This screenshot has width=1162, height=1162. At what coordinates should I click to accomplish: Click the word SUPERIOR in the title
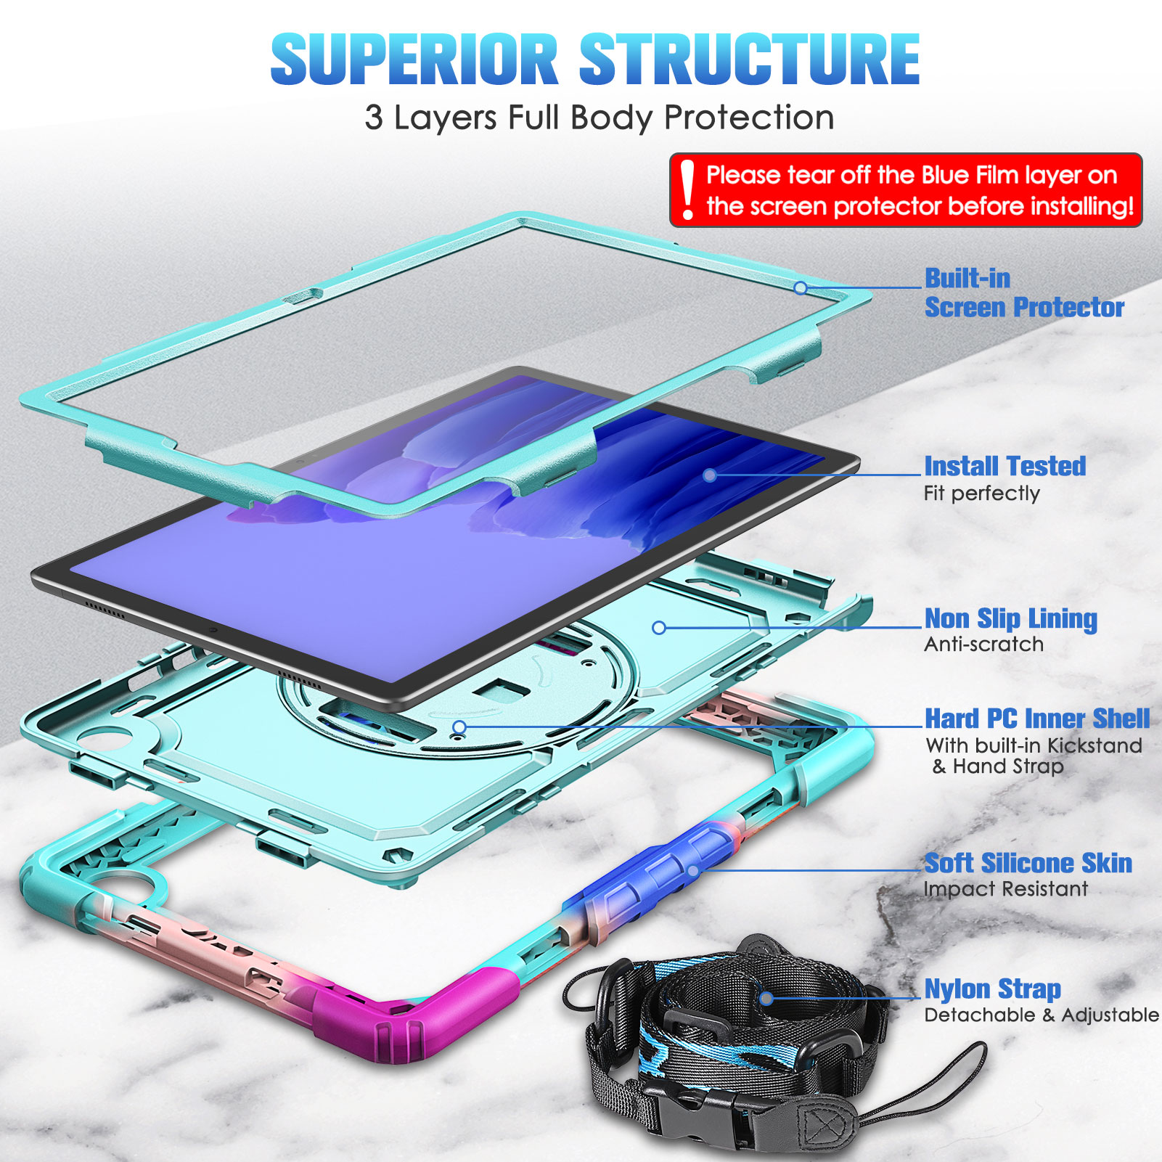tap(414, 59)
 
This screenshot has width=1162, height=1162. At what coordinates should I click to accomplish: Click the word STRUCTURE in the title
tap(750, 59)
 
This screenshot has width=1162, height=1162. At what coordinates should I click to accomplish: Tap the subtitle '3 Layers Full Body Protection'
tap(600, 118)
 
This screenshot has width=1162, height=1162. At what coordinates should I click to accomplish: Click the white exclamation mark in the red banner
tap(687, 190)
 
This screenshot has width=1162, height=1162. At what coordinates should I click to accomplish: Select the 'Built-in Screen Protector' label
tap(1024, 292)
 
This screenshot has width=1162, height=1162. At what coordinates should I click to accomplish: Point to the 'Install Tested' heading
tap(1005, 466)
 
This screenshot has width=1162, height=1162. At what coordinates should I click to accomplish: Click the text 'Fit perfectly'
tap(981, 494)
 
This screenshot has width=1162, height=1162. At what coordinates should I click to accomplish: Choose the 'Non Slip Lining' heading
tap(1010, 619)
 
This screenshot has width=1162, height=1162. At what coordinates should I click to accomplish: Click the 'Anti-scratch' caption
tap(983, 645)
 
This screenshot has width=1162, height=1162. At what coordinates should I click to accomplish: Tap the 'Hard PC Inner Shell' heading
tap(1037, 719)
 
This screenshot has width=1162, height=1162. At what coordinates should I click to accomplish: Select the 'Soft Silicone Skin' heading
tap(1028, 863)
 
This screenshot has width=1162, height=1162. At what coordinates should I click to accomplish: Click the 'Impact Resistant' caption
tap(1005, 889)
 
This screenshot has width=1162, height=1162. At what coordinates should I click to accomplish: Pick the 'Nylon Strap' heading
tap(992, 989)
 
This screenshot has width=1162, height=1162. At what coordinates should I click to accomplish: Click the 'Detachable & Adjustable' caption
tap(1042, 1015)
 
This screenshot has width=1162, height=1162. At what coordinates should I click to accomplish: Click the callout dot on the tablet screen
tap(710, 475)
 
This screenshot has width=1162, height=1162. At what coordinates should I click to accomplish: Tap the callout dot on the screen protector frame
tap(801, 288)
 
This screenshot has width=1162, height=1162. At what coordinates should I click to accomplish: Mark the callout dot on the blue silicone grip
tap(693, 870)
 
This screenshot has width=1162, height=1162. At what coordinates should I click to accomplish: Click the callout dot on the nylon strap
tap(766, 999)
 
